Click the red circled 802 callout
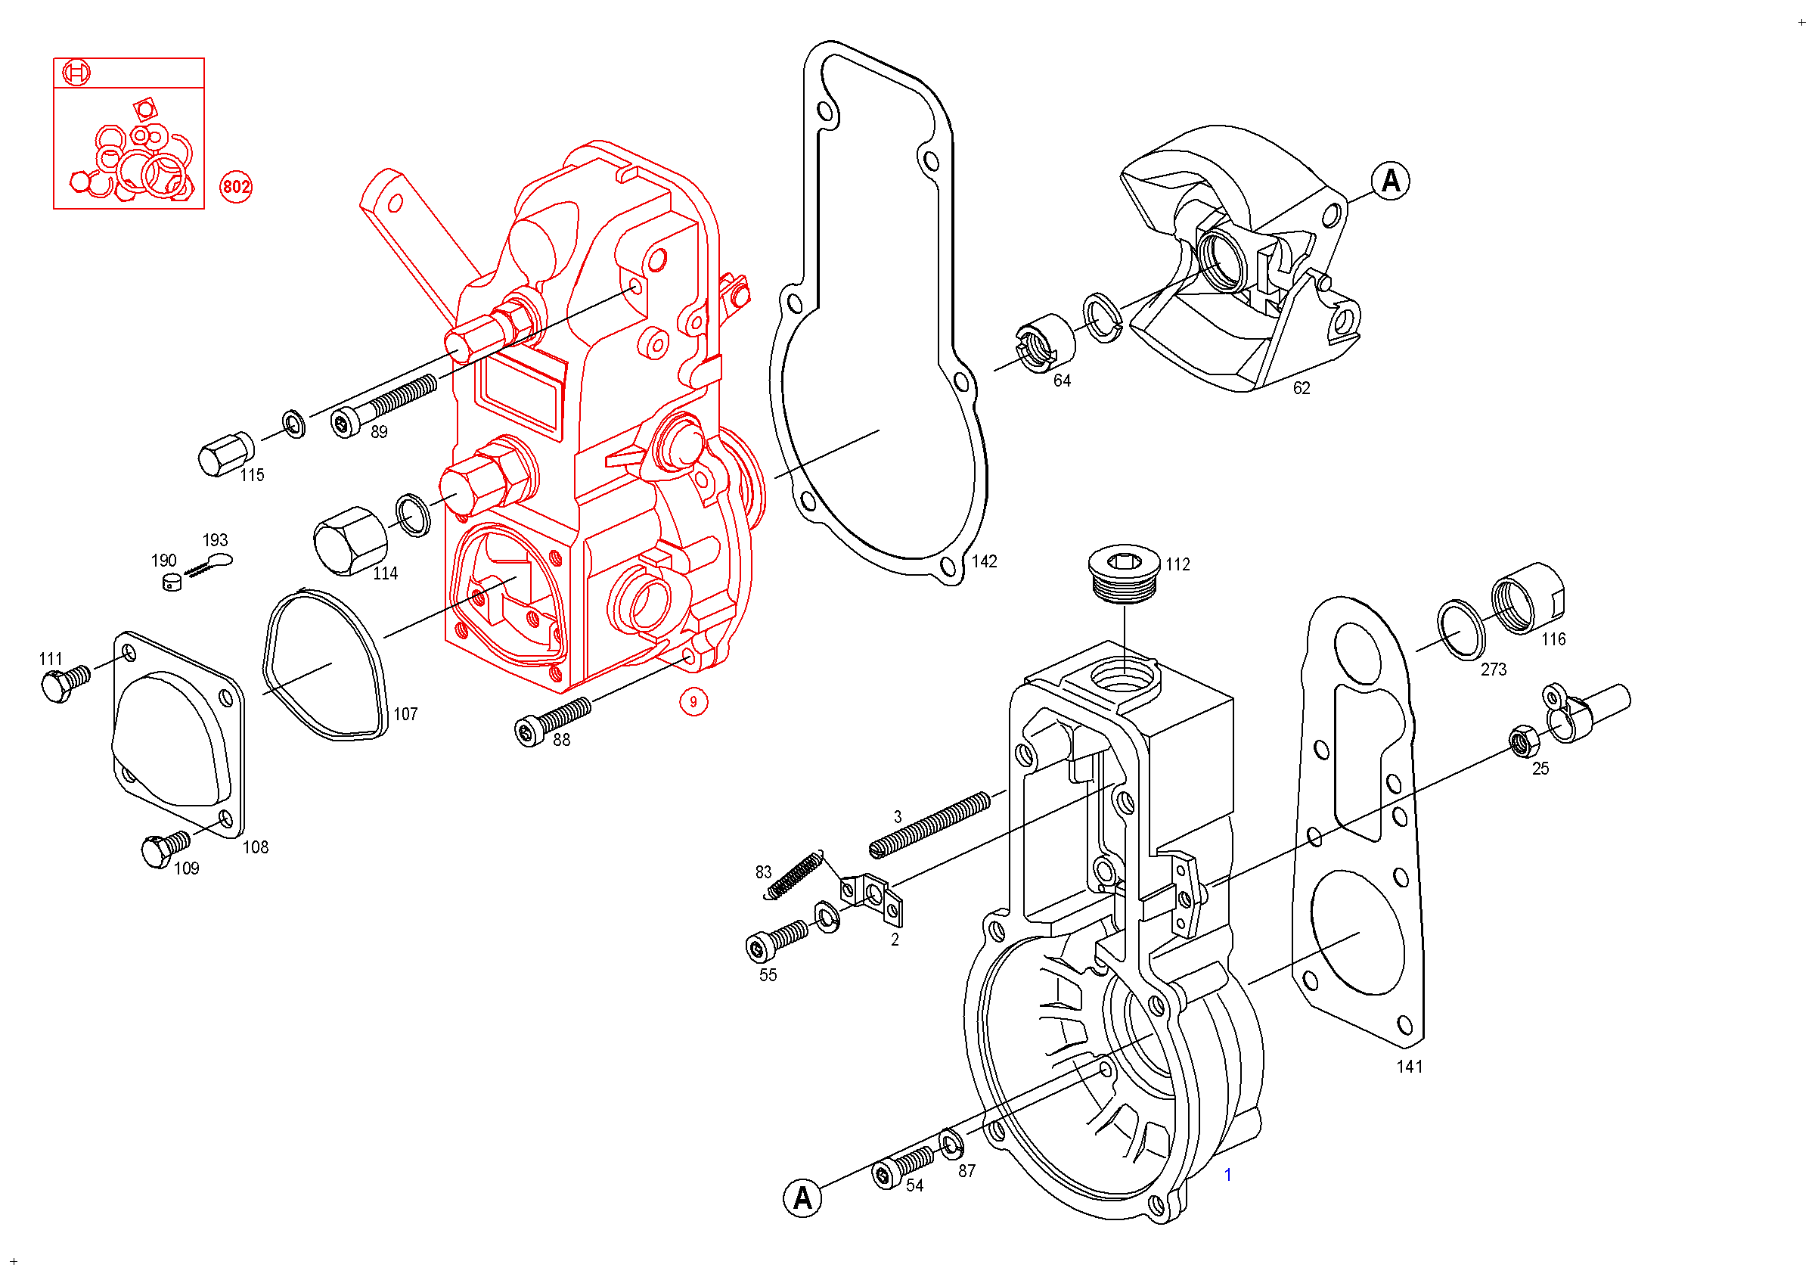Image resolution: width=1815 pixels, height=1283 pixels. pos(235,187)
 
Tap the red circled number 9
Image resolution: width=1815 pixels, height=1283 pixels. pos(693,701)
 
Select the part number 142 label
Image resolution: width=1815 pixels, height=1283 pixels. pos(984,561)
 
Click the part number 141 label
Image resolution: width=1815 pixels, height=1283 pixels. pos(1410,1067)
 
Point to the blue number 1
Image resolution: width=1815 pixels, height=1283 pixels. pos(1227,1175)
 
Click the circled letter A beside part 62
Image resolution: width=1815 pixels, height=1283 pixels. pos(1391,181)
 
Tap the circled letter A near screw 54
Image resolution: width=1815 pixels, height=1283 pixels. pos(802,1198)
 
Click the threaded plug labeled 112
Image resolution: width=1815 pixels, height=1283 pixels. pos(1123,573)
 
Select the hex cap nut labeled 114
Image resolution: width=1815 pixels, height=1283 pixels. pos(350,541)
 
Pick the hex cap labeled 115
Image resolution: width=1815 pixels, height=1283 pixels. pos(226,454)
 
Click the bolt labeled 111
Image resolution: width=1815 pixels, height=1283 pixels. pos(65,683)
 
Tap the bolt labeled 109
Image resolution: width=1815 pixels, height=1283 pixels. pos(165,848)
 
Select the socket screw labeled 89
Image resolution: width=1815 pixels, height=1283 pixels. pos(383,405)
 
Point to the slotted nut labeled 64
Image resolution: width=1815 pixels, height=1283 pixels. pos(1044,342)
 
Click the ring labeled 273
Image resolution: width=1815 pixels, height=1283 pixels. pos(1461,629)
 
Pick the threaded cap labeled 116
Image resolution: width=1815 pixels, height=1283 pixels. pos(1528,598)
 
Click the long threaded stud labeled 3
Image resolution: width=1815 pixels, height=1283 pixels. pos(929,825)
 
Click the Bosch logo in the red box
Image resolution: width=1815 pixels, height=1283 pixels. pos(76,73)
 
